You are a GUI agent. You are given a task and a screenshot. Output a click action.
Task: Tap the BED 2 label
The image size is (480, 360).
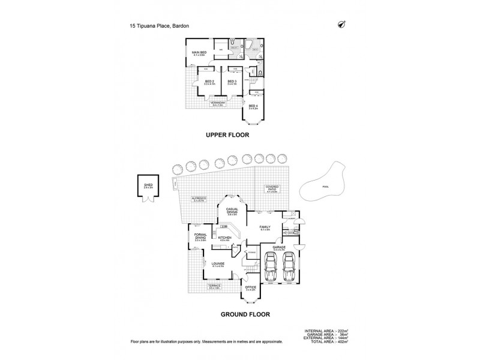(209, 82)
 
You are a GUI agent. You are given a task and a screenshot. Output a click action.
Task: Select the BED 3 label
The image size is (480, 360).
(232, 82)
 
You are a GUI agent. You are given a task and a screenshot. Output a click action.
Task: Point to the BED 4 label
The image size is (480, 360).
(252, 106)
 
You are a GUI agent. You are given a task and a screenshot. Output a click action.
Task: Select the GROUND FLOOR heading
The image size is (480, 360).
(244, 314)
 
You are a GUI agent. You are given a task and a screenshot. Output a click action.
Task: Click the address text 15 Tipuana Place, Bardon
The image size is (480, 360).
(160, 26)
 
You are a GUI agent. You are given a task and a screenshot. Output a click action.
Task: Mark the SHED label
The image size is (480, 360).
(147, 185)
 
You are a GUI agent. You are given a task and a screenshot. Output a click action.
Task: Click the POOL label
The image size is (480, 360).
(326, 187)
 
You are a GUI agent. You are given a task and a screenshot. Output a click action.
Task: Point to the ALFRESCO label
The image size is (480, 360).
(199, 199)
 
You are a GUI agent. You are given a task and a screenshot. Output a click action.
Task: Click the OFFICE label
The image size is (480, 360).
(251, 287)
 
